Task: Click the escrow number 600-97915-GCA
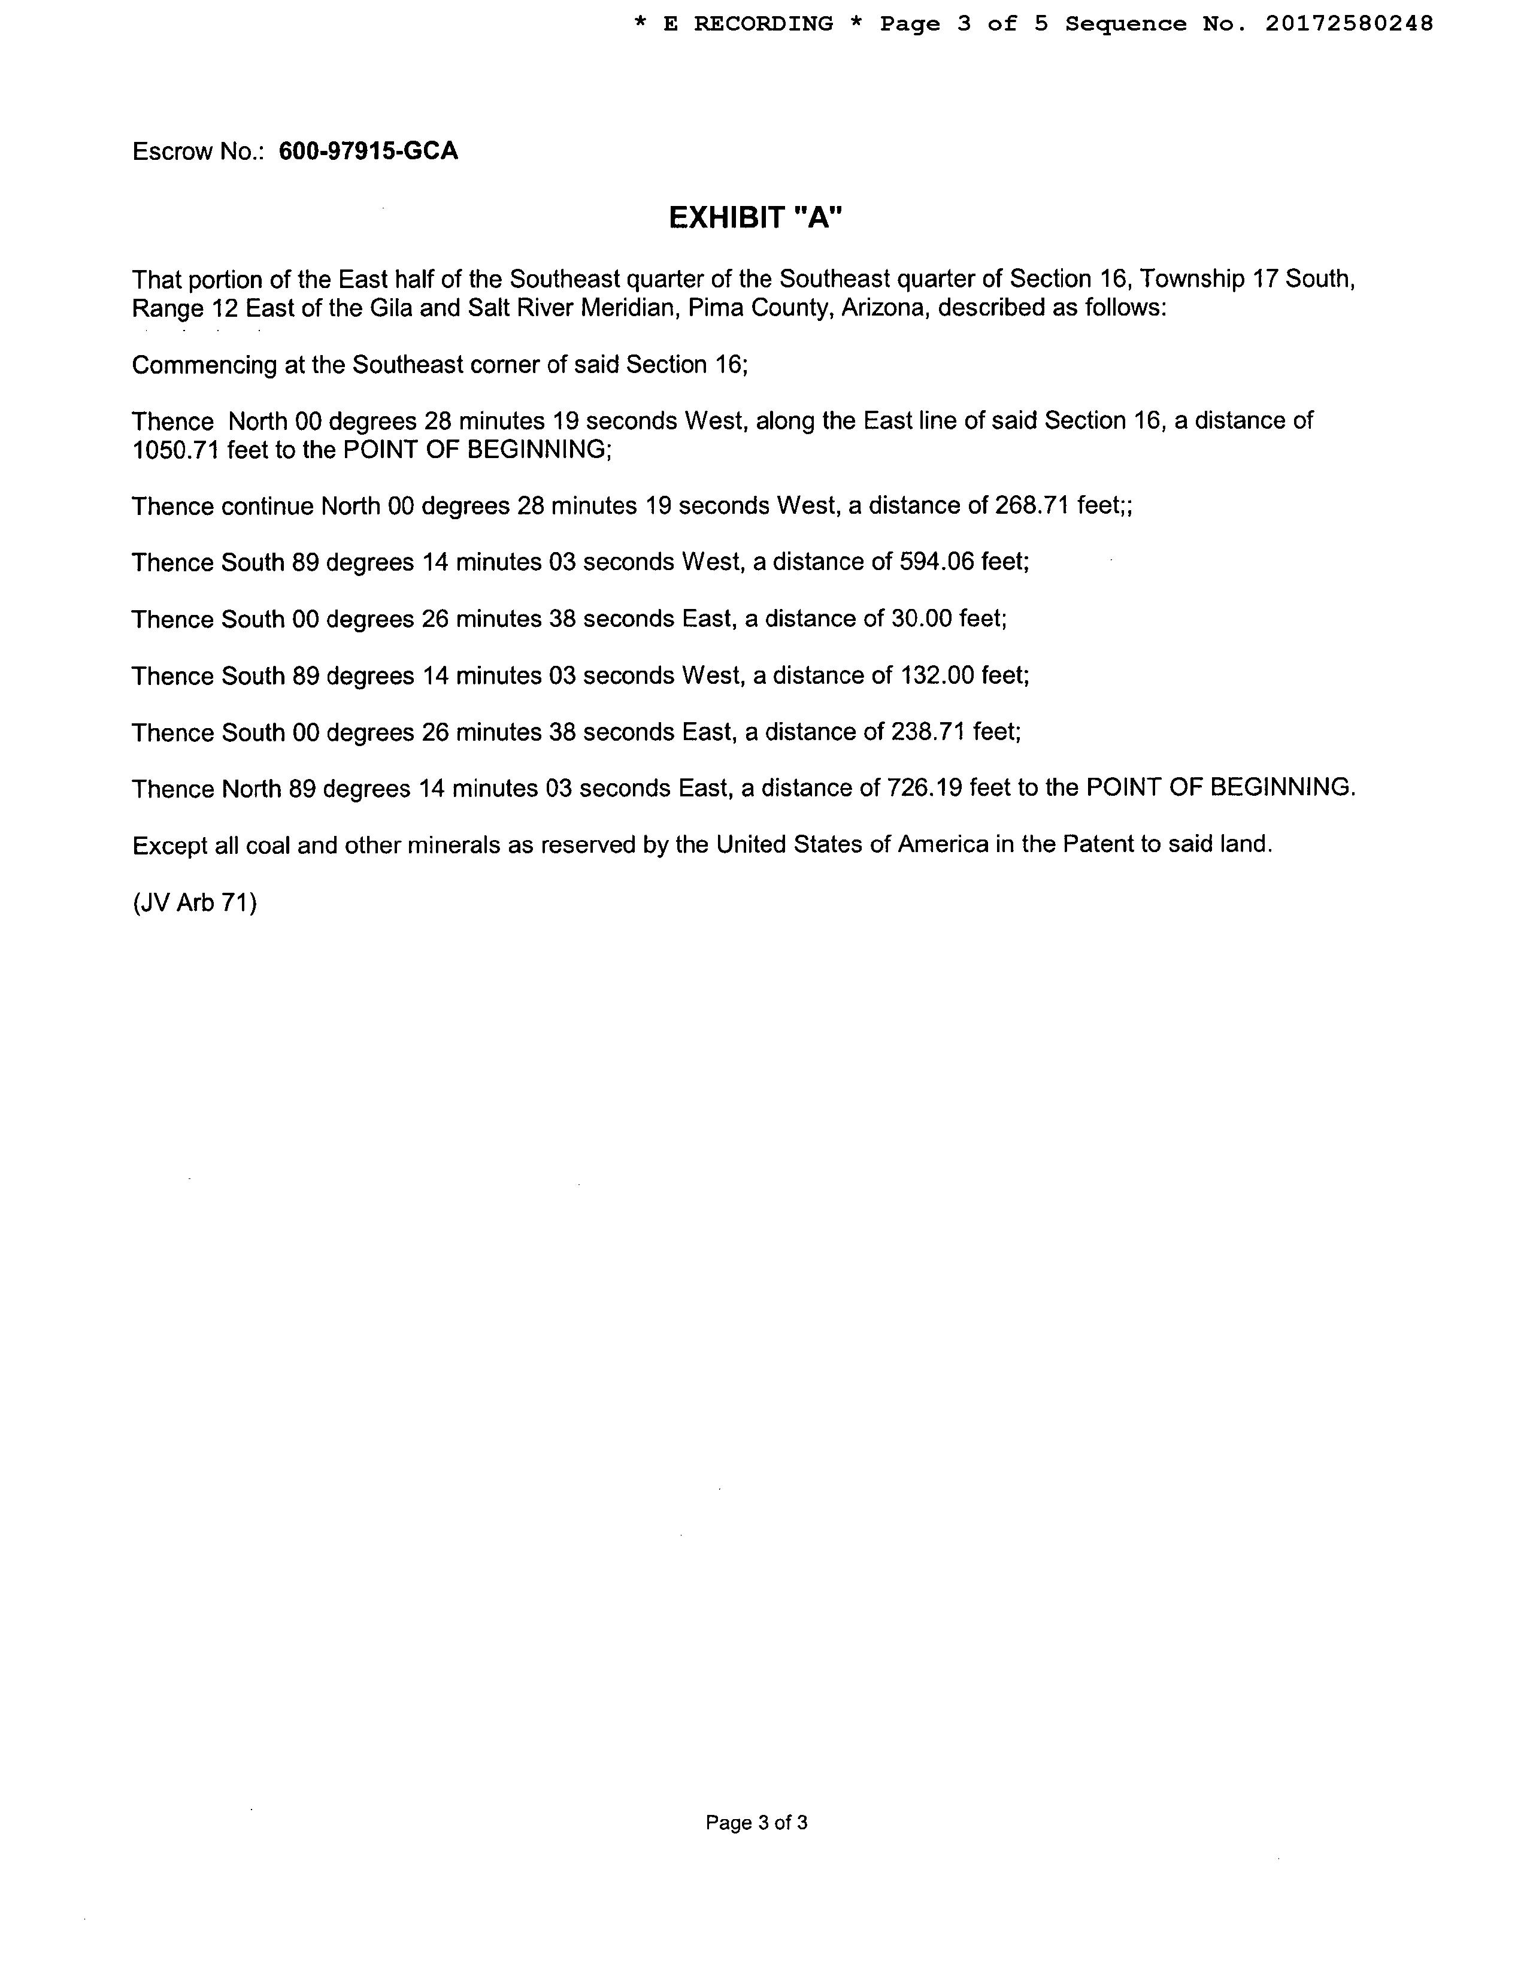[368, 151]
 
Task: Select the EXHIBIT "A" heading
[755, 218]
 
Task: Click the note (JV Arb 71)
[195, 903]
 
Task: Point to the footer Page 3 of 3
[756, 1822]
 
